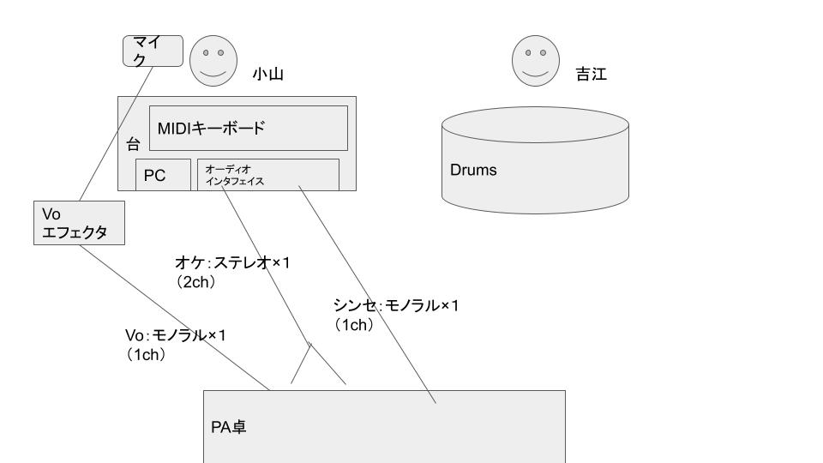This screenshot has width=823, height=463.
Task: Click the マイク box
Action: pyautogui.click(x=153, y=51)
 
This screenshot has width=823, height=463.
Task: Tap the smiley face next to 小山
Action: pyautogui.click(x=213, y=61)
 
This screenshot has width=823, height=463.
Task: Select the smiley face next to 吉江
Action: pyautogui.click(x=536, y=61)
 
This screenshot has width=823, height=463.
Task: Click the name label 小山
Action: pyautogui.click(x=267, y=75)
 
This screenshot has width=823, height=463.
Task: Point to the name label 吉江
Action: pyautogui.click(x=591, y=75)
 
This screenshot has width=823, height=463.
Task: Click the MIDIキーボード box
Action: pyautogui.click(x=249, y=128)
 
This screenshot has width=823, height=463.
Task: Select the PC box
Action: pyautogui.click(x=163, y=175)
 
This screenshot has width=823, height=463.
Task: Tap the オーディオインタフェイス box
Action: pyautogui.click(x=267, y=174)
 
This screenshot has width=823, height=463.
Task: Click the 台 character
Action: pyautogui.click(x=133, y=145)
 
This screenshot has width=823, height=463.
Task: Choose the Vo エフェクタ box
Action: pyautogui.click(x=76, y=223)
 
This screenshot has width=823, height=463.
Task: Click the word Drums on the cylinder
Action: pyautogui.click(x=473, y=170)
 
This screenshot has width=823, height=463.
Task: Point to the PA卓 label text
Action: pyautogui.click(x=229, y=426)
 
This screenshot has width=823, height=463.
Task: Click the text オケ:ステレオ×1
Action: pyautogui.click(x=232, y=262)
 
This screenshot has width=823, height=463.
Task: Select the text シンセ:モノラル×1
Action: pyautogui.click(x=395, y=305)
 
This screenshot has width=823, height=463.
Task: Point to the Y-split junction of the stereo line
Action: pyautogui.click(x=309, y=345)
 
